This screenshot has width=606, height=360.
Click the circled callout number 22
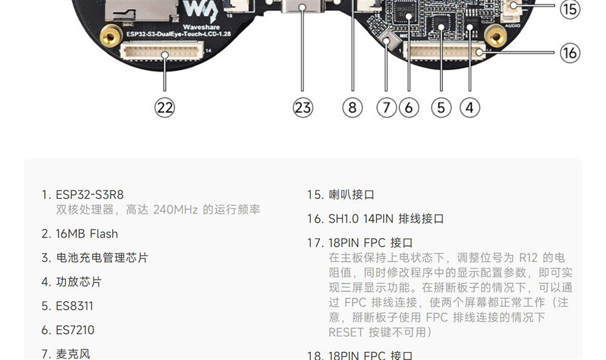[165, 108]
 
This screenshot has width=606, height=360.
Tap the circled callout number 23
[302, 108]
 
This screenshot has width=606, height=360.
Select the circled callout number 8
[352, 108]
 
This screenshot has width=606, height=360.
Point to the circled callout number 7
[386, 108]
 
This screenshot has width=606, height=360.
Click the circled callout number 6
[408, 108]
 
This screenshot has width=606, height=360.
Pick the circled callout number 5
[441, 108]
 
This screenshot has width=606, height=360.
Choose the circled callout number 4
[470, 108]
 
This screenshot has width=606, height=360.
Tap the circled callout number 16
[570, 53]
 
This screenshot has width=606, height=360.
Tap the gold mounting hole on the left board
[110, 38]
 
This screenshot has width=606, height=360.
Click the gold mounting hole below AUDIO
[496, 38]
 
